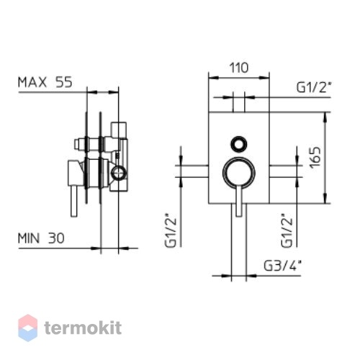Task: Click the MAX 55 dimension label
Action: point(45,82)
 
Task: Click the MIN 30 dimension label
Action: point(41,238)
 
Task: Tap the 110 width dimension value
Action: point(239,68)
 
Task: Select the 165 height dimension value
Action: point(315,158)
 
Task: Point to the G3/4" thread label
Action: point(282,266)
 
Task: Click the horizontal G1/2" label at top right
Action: point(314,87)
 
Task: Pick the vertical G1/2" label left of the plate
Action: point(171,230)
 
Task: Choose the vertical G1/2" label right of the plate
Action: point(287,230)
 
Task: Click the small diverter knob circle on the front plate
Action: point(238,145)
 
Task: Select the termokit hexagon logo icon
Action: point(28,328)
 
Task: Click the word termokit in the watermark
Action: point(83,328)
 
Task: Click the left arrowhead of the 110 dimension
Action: point(214,78)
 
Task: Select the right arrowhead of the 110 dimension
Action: point(264,78)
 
